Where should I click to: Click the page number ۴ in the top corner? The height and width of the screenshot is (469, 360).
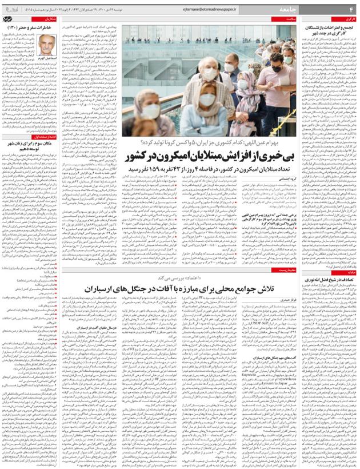click(351, 9)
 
